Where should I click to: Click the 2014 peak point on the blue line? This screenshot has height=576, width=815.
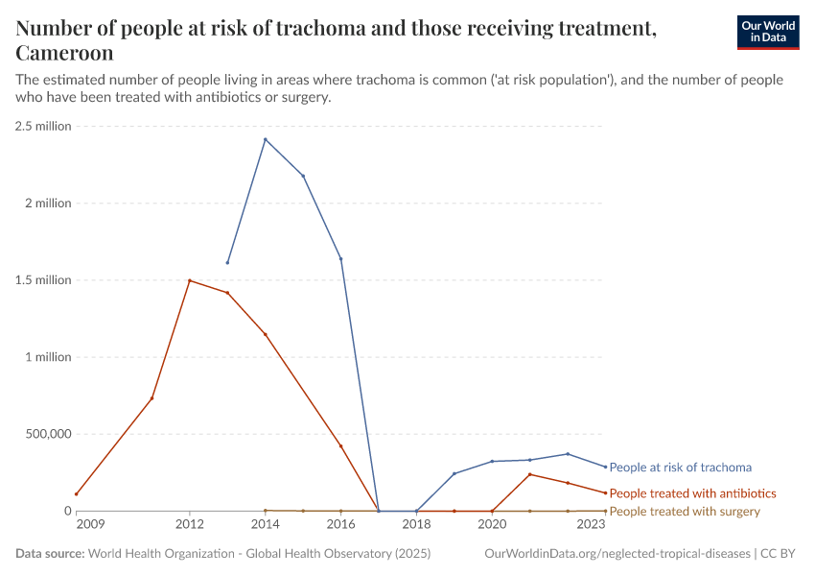[x=266, y=139]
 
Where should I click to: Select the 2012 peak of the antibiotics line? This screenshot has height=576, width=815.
[x=190, y=280]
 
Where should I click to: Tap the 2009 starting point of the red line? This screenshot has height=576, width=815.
[x=76, y=493]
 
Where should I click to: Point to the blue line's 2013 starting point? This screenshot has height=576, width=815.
[x=227, y=262]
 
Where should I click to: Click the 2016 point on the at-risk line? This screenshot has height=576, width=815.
[x=340, y=258]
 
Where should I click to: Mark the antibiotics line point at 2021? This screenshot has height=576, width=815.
[x=529, y=474]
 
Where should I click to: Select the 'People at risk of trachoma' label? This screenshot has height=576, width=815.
[x=680, y=468]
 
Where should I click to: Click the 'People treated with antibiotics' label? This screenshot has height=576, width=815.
[x=692, y=493]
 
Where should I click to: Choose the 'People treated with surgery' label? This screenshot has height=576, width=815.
[x=685, y=512]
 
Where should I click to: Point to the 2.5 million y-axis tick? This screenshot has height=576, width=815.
[x=43, y=126]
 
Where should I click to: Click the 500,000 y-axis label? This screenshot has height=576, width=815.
[x=45, y=434]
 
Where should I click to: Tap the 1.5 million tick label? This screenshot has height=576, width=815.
[x=43, y=280]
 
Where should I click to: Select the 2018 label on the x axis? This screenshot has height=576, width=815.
[x=416, y=525]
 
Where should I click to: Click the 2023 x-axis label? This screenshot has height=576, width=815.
[x=592, y=525]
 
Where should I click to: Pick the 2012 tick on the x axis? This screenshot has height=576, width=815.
[x=190, y=525]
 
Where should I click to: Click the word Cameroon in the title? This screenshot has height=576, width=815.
[x=64, y=53]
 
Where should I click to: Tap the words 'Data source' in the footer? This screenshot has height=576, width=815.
[x=50, y=554]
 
